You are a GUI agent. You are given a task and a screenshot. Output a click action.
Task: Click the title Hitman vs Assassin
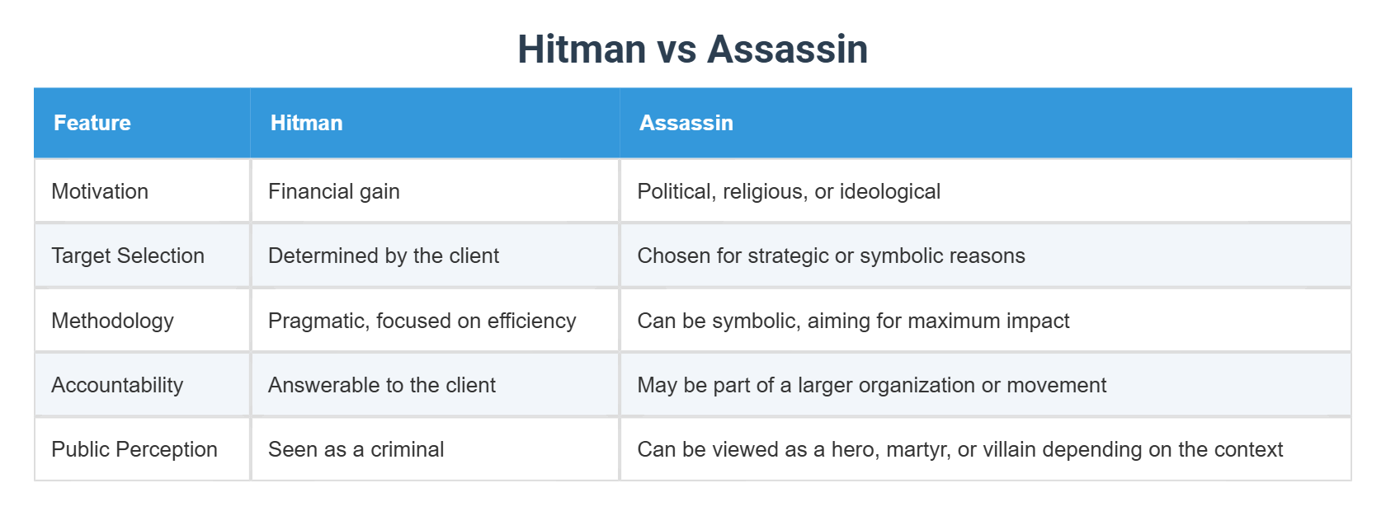(692, 49)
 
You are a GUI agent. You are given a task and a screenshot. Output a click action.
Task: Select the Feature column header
(92, 123)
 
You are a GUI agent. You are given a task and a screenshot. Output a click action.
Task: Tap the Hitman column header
(306, 123)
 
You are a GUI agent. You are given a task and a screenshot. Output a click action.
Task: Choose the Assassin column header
(686, 123)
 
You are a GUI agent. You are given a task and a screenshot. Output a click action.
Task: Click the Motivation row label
(100, 191)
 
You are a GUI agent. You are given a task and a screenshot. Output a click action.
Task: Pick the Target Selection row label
(128, 256)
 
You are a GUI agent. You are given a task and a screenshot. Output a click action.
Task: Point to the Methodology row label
(112, 321)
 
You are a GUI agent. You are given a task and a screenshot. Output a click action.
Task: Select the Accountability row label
(117, 385)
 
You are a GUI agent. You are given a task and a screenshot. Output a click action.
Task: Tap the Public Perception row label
(134, 449)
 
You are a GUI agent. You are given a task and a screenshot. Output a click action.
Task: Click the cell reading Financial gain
(334, 191)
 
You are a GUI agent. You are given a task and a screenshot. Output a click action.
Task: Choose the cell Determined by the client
(384, 256)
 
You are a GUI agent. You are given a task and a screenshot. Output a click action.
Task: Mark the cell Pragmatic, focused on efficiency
(422, 321)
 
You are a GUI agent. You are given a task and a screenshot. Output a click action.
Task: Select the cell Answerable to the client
(382, 385)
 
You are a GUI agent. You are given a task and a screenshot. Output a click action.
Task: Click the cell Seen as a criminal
(356, 449)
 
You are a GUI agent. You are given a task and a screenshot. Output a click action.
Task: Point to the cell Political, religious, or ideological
(789, 191)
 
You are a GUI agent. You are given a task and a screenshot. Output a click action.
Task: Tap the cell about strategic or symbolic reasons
(831, 256)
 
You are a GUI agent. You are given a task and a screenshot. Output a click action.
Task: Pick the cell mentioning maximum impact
(853, 321)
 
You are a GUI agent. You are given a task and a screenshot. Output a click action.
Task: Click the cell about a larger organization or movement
(872, 385)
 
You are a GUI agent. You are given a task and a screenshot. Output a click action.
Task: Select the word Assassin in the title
(788, 49)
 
